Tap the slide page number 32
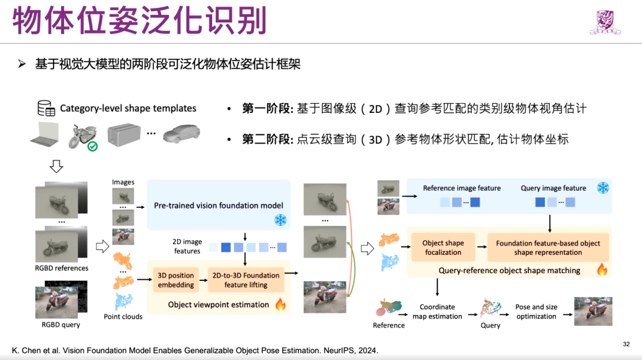pos(626,344)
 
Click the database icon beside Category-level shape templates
pos(46,108)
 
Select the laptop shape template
pos(46,135)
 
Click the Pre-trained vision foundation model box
pos(218,206)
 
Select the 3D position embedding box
pos(176,280)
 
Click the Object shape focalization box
pos(442,248)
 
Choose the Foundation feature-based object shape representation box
pos(548,248)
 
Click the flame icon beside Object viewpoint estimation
pos(280,305)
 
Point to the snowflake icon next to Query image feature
pos(603,188)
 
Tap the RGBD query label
pos(61,324)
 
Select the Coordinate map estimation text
pos(437,312)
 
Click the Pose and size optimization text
pos(536,312)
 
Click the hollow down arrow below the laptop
pos(56,166)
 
